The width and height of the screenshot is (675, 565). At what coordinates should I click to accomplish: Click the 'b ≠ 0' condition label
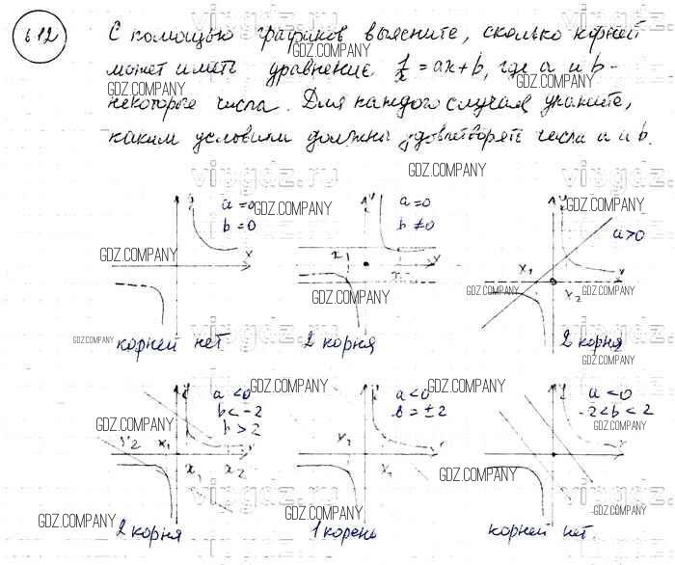417,225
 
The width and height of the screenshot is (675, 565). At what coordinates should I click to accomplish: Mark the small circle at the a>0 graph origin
553,282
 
